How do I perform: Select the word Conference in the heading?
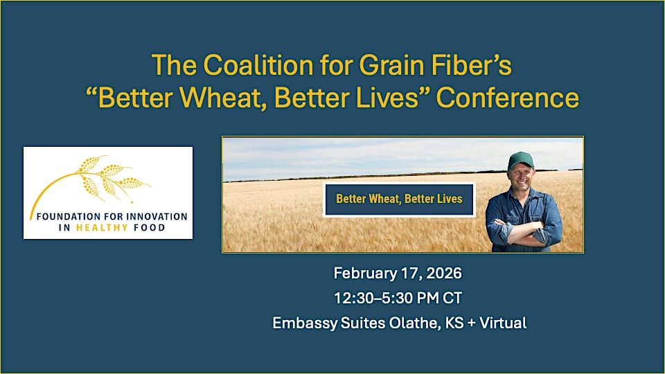coord(507,98)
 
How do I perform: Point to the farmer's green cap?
coord(521,160)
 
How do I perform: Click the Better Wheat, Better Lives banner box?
coord(399,199)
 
